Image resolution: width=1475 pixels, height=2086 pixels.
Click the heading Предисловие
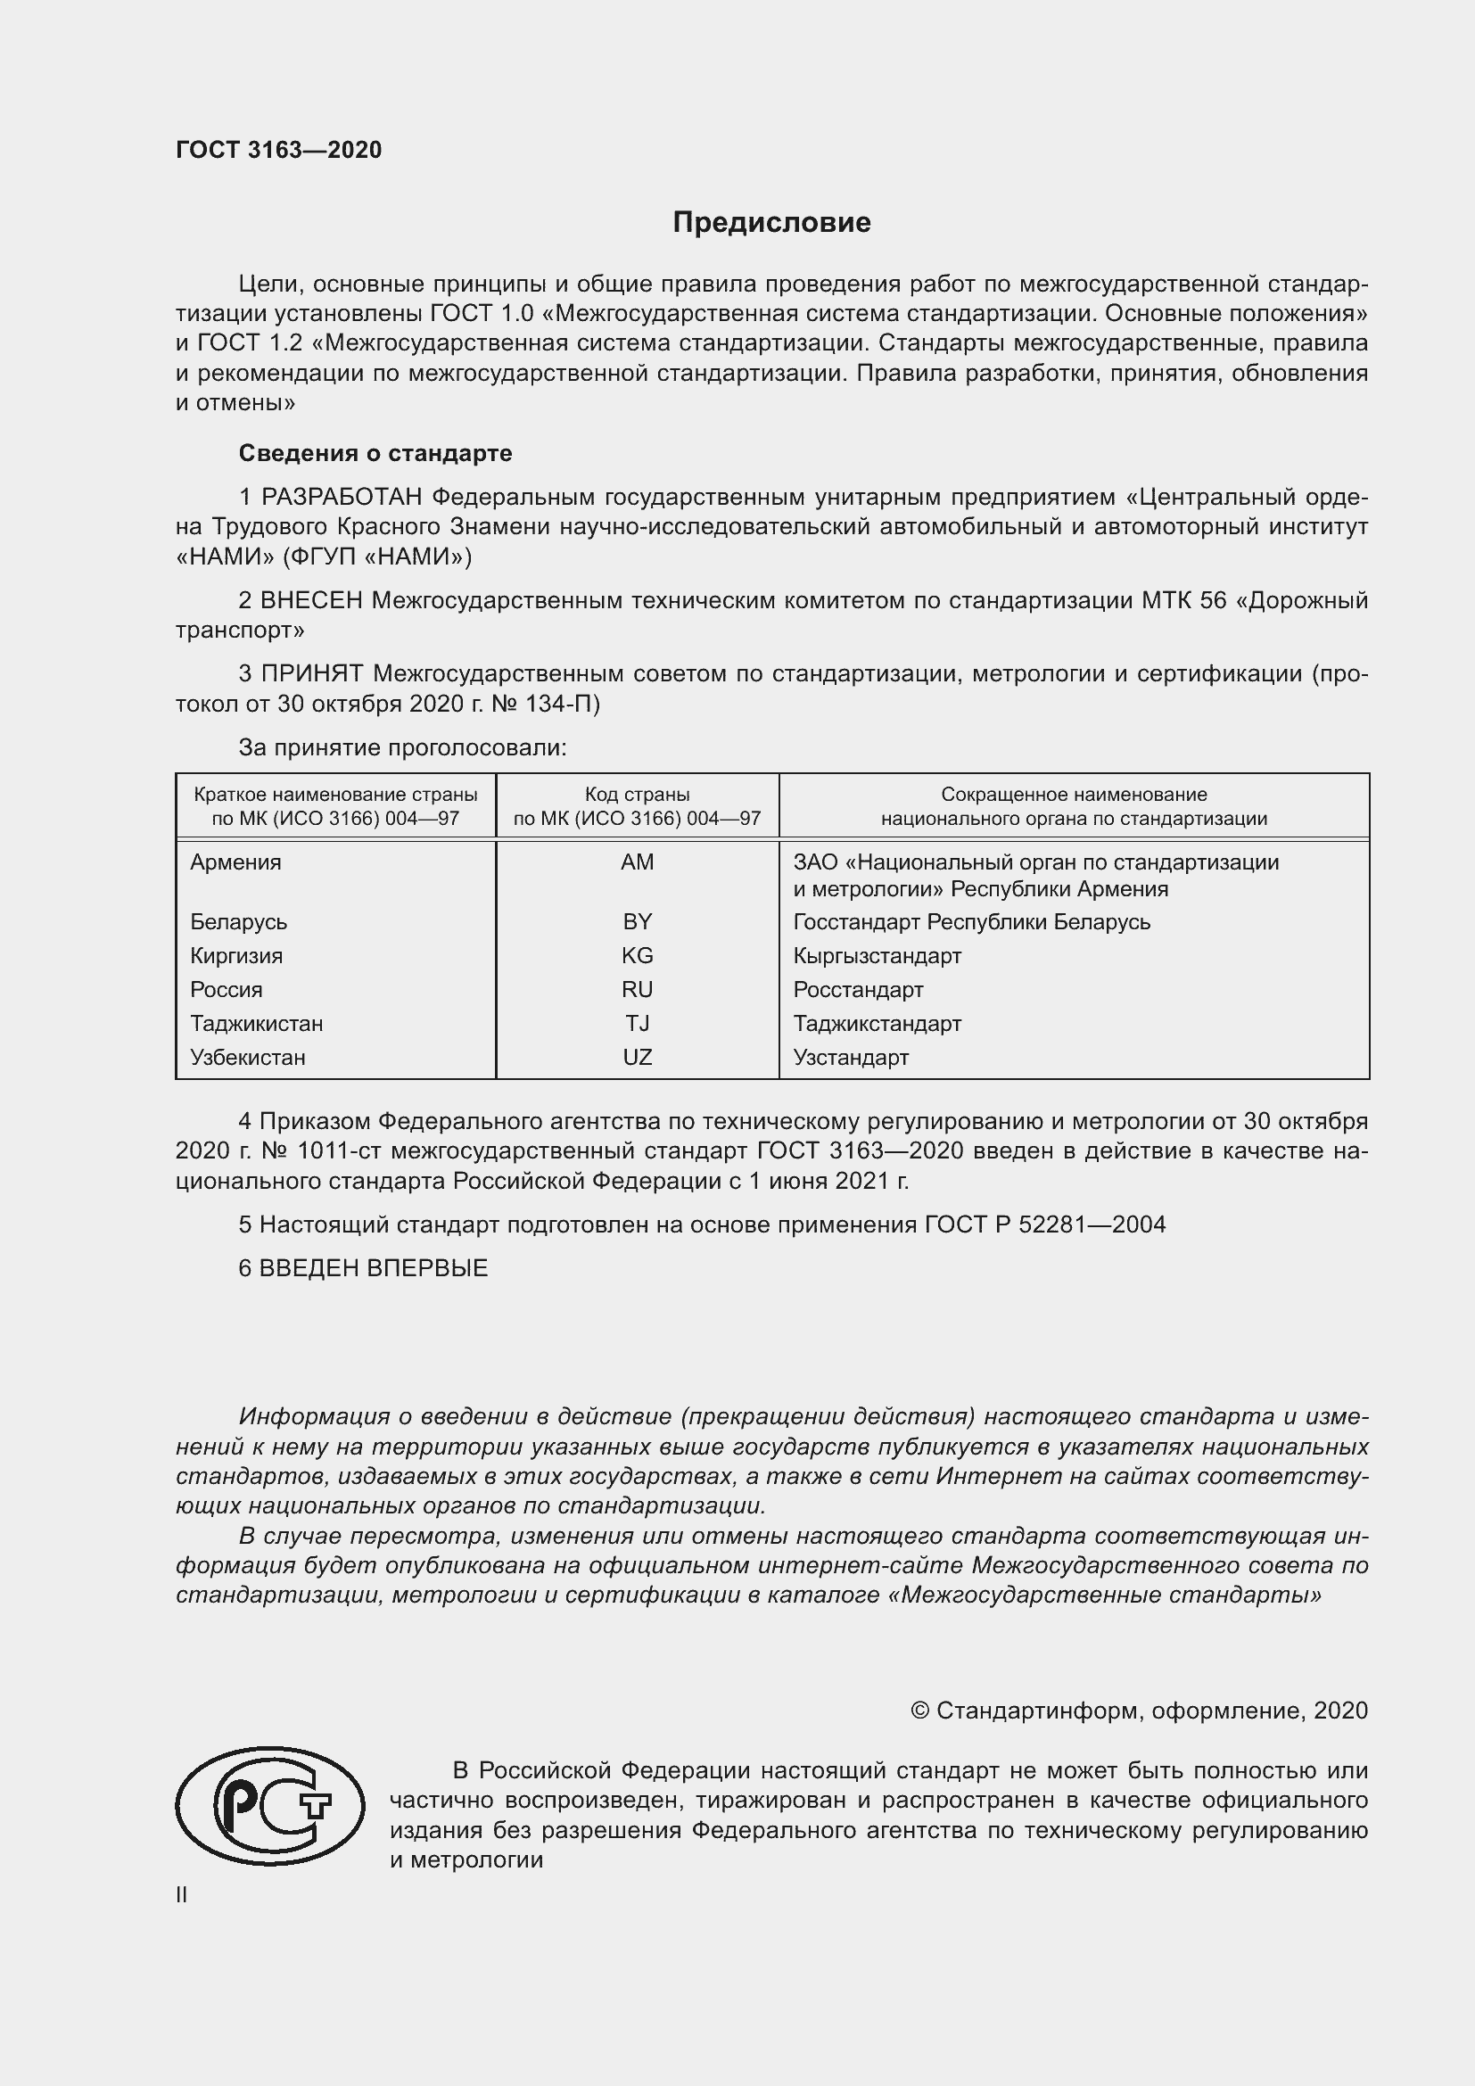tap(771, 223)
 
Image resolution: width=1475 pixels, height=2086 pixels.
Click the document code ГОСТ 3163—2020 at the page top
tap(279, 150)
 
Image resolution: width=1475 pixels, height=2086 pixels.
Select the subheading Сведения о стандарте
tap(375, 452)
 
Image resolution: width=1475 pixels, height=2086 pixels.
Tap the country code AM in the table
tap(637, 862)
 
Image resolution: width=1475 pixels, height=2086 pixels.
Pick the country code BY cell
tap(637, 921)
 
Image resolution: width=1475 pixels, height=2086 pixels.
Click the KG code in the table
tap(637, 956)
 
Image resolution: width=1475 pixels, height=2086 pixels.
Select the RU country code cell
tap(637, 989)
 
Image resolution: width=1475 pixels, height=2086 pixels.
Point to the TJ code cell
tap(637, 1024)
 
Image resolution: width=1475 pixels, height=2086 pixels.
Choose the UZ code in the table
tap(637, 1058)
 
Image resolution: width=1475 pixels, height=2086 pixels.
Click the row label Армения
tap(235, 862)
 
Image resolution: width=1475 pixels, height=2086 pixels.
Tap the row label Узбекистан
tap(247, 1058)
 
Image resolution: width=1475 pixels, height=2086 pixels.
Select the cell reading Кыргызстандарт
tap(877, 956)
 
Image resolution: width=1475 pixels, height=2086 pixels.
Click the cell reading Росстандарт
tap(857, 989)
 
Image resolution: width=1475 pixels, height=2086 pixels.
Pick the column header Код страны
tap(637, 795)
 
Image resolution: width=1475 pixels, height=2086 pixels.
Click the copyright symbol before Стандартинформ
tap(919, 1711)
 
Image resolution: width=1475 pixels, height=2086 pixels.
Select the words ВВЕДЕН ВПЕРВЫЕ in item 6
tap(374, 1268)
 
